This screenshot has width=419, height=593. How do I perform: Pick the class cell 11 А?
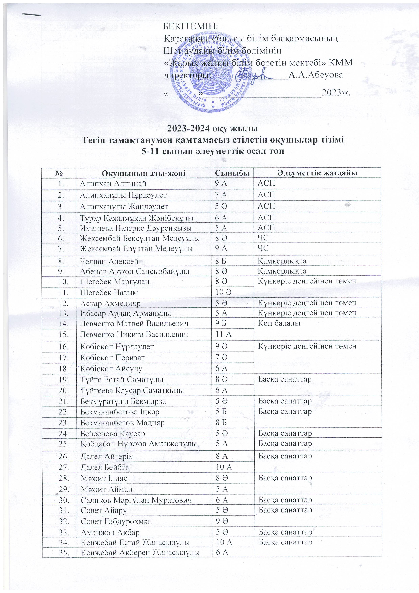tap(224, 334)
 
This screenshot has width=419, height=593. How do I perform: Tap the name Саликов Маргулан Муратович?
tap(136, 500)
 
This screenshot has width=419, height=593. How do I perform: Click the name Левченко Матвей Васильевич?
tap(134, 323)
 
